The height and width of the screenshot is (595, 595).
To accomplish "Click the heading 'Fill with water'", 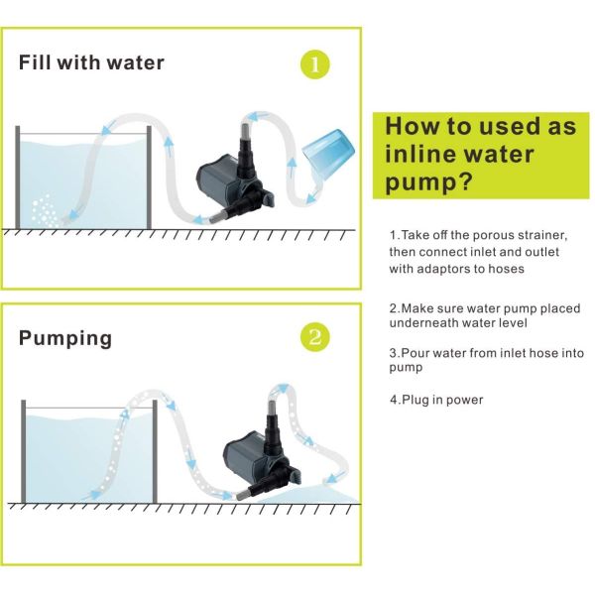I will [x=91, y=63].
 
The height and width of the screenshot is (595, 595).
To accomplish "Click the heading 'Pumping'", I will [x=65, y=338].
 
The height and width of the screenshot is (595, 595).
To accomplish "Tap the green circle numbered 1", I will [x=314, y=65].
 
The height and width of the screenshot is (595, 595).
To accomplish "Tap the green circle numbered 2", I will [x=314, y=338].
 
